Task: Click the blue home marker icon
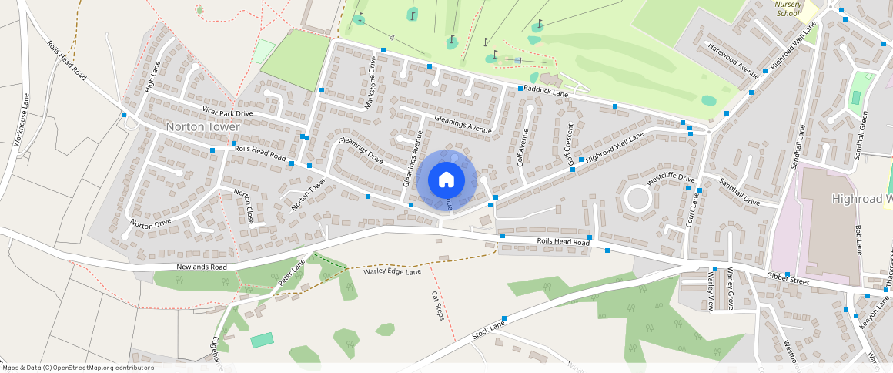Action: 445,180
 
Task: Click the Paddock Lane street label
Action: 547,91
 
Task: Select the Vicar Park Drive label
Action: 228,113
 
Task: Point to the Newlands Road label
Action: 202,267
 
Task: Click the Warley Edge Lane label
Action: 392,271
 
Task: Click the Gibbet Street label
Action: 788,278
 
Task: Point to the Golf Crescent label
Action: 570,144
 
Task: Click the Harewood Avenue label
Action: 734,62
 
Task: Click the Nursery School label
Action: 788,8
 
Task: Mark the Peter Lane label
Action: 292,272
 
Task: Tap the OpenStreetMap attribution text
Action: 78,368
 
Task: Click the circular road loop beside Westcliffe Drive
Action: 638,199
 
